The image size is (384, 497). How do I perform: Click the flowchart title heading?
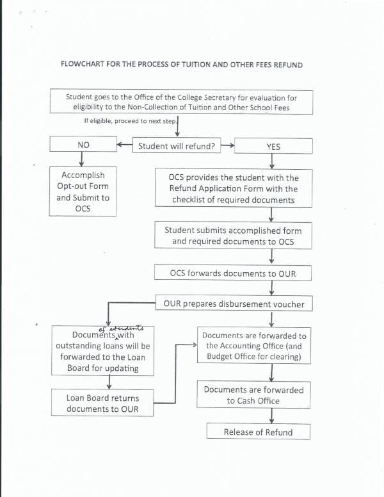[181, 65]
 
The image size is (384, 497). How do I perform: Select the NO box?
[83, 145]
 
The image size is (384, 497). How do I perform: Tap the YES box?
[273, 146]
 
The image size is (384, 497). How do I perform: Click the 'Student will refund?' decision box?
[176, 145]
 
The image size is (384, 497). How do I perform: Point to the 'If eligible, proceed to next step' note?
[129, 120]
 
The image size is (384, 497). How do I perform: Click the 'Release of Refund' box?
[258, 432]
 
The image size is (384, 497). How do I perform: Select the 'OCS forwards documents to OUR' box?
[233, 273]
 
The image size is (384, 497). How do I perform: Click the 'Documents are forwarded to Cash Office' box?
[253, 395]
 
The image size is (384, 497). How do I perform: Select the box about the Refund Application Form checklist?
[234, 188]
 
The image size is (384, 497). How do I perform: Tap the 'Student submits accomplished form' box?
[233, 236]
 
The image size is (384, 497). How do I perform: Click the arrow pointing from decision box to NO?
[124, 145]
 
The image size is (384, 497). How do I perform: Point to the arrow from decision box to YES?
[227, 145]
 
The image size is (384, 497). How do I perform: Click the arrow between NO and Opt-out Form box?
[83, 159]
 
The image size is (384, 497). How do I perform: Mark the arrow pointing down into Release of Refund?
[271, 417]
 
